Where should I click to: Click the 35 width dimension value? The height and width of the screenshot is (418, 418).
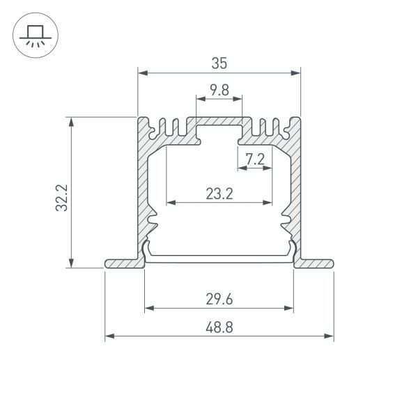[219, 63]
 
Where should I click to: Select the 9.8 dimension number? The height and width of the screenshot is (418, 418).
[219, 89]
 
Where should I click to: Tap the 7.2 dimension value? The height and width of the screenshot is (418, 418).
[255, 159]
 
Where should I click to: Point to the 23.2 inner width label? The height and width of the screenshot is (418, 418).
[219, 194]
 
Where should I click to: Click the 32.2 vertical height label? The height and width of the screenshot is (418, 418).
[61, 197]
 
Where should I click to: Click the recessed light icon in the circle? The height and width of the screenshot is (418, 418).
[33, 34]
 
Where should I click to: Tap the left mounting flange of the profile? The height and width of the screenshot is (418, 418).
[123, 263]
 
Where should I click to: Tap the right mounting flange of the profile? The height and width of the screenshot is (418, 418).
[315, 263]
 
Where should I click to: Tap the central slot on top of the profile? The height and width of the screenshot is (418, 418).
[219, 130]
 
